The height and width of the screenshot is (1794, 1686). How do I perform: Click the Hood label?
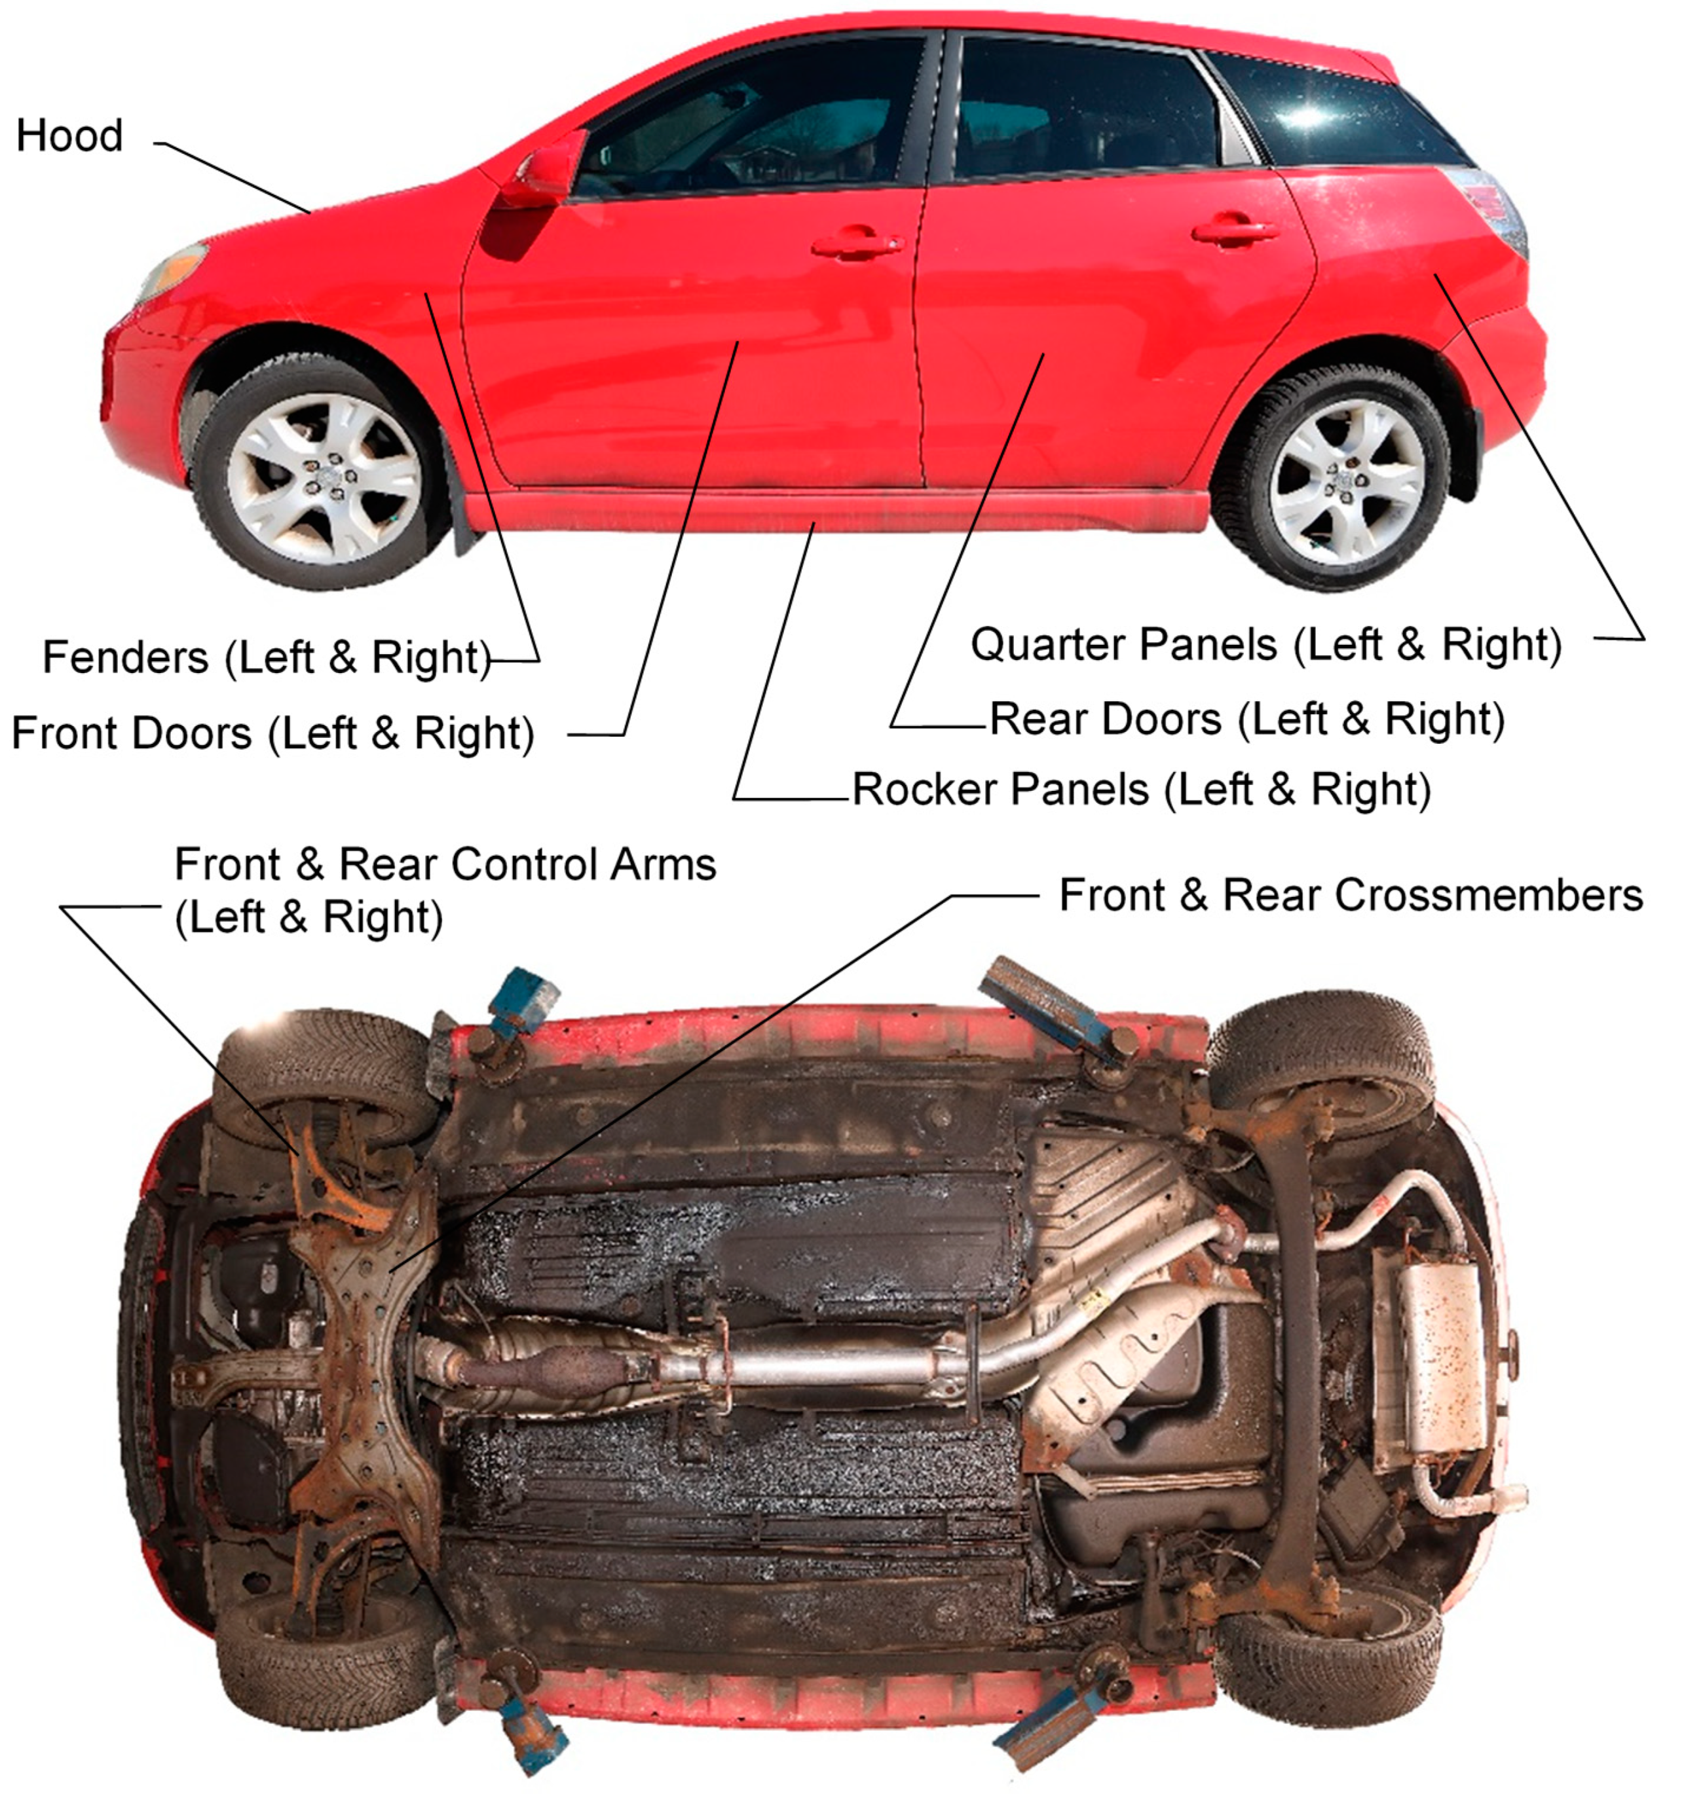coord(69,136)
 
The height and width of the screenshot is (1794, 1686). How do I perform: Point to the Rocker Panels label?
coord(1142,790)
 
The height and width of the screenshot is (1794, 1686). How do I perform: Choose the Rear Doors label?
coord(1247,719)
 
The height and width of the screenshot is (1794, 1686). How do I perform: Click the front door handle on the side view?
coord(857,243)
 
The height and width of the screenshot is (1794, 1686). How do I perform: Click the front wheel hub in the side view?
coord(323,475)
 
